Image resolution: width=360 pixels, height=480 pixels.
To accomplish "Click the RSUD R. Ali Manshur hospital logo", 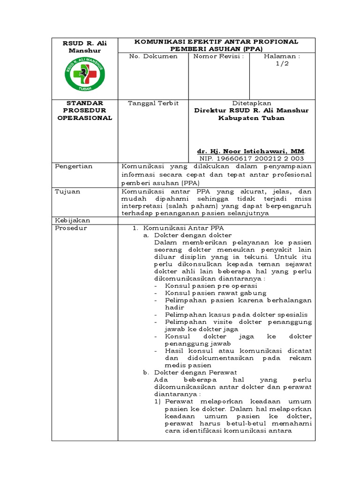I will (x=84, y=74).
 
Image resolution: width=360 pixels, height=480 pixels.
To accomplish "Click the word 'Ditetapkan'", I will (x=252, y=103).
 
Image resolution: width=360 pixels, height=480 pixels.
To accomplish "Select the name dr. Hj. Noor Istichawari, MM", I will (x=251, y=151).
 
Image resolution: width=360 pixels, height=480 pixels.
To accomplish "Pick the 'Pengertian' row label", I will (x=74, y=166).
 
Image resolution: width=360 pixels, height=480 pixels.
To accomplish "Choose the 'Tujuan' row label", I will (x=67, y=191).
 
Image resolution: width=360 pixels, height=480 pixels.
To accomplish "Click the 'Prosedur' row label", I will (x=71, y=228).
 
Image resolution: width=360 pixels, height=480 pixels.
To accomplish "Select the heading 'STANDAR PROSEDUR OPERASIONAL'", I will (x=84, y=110).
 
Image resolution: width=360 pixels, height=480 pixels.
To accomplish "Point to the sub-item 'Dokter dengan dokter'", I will (x=193, y=235).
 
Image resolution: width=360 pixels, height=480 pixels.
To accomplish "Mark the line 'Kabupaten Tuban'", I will (x=251, y=118).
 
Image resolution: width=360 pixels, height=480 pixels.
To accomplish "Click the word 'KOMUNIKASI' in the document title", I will (x=157, y=42).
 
